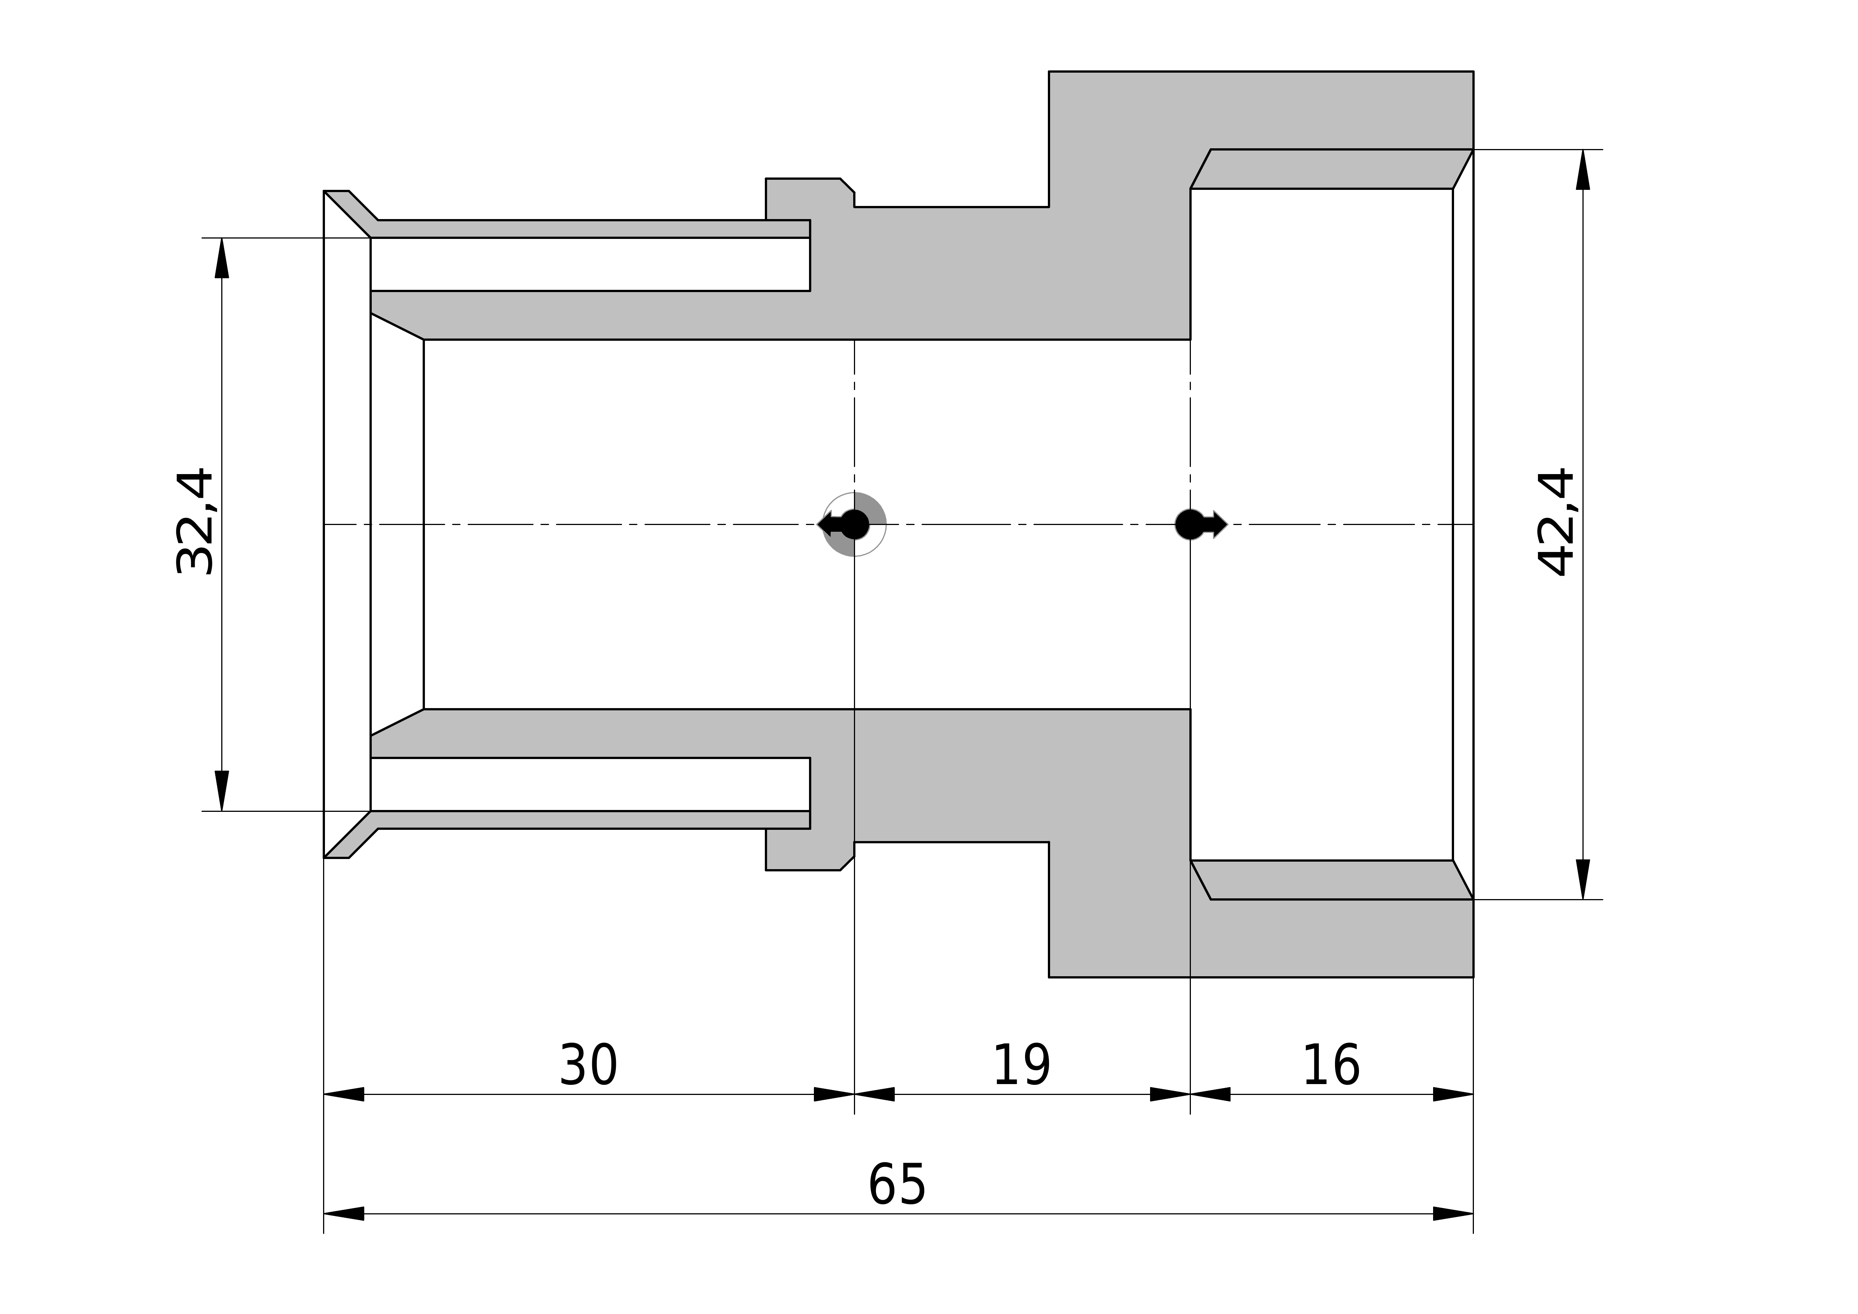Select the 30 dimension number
pos(588,1065)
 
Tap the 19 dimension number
pos(1021,1065)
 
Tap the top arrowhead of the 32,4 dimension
pos(222,258)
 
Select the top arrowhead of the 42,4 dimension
pos(1583,169)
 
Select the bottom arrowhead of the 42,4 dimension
pos(1583,879)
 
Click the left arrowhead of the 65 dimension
pos(344,1214)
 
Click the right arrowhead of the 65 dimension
pos(1453,1214)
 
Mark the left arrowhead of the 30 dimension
pos(344,1095)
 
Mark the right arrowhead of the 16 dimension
pos(1453,1095)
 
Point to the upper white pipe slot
pos(590,264)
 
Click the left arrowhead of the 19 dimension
pos(875,1095)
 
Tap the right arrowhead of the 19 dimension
pos(1170,1095)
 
